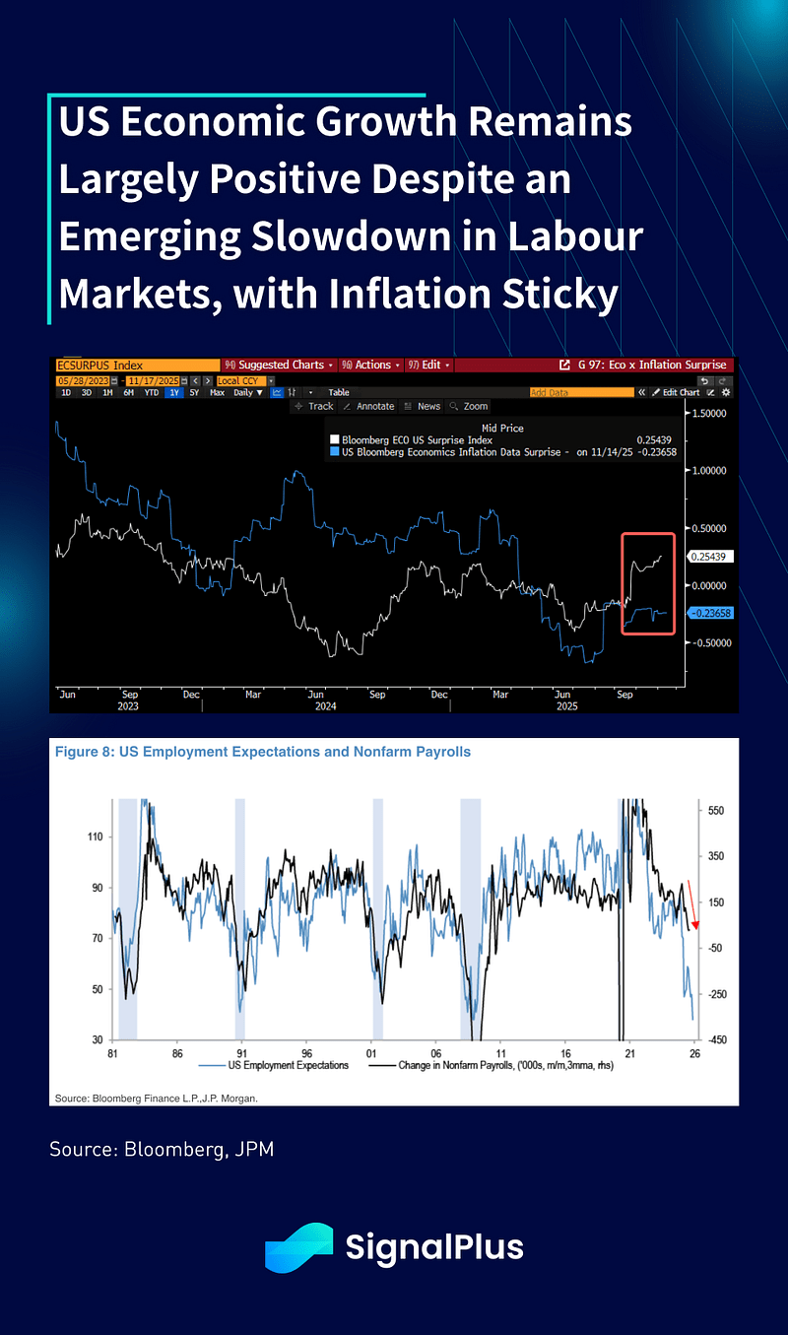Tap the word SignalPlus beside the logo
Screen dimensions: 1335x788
[434, 1247]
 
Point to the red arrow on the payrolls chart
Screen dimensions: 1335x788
[693, 904]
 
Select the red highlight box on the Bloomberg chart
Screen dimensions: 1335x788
[648, 583]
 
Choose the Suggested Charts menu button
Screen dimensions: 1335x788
[280, 365]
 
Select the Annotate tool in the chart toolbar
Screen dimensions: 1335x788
[370, 406]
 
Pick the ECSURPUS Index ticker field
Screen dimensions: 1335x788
[136, 365]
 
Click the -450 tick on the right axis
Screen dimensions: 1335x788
[716, 1040]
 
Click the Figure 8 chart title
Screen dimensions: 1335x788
[263, 752]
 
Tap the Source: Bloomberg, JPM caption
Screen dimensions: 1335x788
[161, 1149]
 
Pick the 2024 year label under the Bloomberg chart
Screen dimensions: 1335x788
[325, 705]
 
